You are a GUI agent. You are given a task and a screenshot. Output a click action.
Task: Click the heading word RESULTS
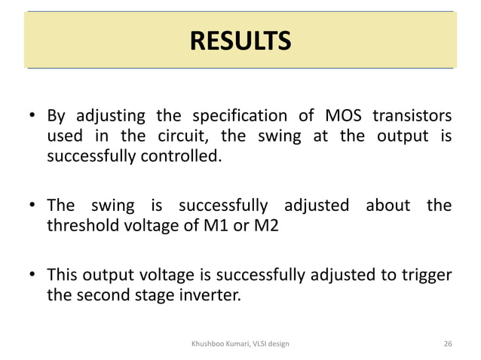coord(239,40)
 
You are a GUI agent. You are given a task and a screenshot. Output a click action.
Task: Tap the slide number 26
coord(448,343)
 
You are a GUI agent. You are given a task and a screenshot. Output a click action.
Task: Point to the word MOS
coord(343,117)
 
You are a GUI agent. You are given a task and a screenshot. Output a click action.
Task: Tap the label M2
coord(264,225)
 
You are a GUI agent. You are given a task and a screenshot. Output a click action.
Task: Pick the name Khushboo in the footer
coord(209,343)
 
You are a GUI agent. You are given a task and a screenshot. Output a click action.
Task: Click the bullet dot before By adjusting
coord(32,117)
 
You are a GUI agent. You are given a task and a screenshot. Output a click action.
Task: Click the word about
coord(387,205)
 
